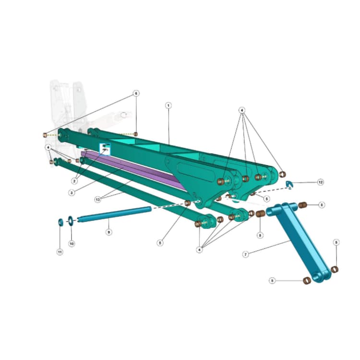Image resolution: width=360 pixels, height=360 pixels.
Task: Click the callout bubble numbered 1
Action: pyautogui.click(x=168, y=105)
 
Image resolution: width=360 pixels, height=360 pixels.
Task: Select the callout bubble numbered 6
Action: pyautogui.click(x=136, y=93)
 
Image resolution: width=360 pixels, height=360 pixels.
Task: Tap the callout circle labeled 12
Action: pyautogui.click(x=320, y=182)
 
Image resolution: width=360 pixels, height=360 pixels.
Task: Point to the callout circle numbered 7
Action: pyautogui.click(x=245, y=254)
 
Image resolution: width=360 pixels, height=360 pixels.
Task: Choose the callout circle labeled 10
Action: pyautogui.click(x=72, y=243)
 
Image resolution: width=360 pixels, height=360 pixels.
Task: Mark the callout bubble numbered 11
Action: pyautogui.click(x=60, y=252)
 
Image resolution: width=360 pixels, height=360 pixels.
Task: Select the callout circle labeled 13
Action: pyautogui.click(x=98, y=199)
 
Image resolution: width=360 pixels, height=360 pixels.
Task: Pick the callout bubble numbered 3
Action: pyautogui.click(x=71, y=192)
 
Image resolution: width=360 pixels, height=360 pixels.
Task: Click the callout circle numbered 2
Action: pyautogui.click(x=75, y=181)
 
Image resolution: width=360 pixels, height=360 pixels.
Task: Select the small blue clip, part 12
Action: pyautogui.click(x=289, y=184)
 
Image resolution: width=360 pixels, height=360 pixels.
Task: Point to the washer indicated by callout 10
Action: pyautogui.click(x=71, y=219)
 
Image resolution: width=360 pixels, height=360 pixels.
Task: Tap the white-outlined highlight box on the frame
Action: pyautogui.click(x=105, y=148)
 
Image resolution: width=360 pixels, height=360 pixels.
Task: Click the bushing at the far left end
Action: pyautogui.click(x=45, y=135)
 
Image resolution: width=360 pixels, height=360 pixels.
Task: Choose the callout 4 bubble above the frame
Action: pyautogui.click(x=242, y=110)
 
